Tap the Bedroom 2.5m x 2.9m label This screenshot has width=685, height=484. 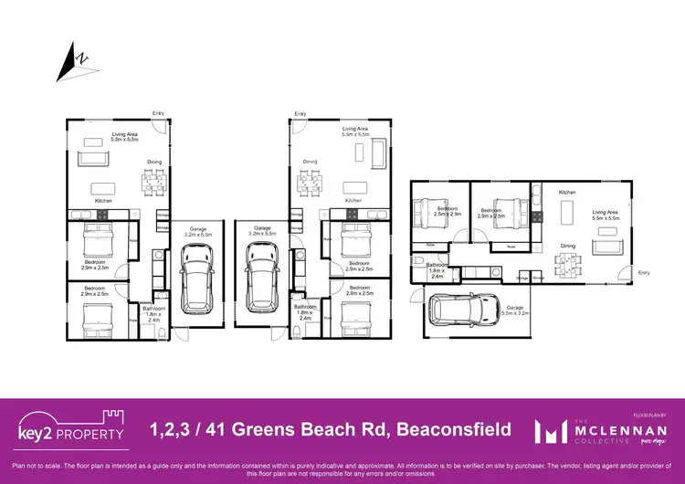pos(448,211)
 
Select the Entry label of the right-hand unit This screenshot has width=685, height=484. pos(643,272)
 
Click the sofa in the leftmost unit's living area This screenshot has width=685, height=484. pos(92,159)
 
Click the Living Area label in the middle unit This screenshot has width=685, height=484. pos(355,132)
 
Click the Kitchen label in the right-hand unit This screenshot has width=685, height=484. pos(567,193)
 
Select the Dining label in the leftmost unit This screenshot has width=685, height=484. pos(154,163)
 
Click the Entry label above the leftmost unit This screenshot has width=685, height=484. pos(158,113)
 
